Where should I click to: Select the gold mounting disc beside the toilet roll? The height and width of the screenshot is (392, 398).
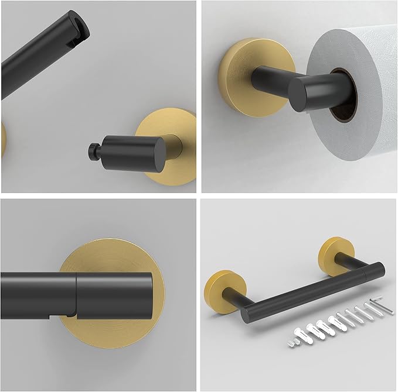coord(237,73)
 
